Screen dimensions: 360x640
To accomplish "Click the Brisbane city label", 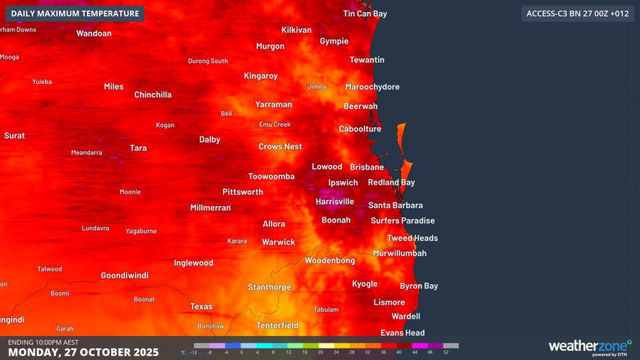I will [x=366, y=167].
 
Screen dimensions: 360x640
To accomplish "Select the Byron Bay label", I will [x=419, y=286].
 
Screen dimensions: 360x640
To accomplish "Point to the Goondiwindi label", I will [x=125, y=275].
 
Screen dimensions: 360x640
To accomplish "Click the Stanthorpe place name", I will [x=269, y=287].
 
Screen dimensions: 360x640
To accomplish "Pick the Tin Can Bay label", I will [x=365, y=14].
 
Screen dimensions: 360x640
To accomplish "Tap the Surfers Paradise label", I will [x=402, y=220].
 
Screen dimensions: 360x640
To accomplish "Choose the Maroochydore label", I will [x=372, y=87].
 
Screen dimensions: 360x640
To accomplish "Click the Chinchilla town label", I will [x=152, y=94].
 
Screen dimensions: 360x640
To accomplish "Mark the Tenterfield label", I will [x=277, y=325].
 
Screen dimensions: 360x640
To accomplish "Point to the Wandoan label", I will [x=94, y=34].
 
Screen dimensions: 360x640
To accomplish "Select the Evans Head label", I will [x=402, y=333].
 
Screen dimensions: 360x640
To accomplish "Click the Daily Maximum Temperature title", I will [x=75, y=13].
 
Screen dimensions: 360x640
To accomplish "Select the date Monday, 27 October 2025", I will [x=83, y=352].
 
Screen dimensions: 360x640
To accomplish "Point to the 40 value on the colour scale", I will [x=398, y=351].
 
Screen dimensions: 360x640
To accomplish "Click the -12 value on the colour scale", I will [x=194, y=351].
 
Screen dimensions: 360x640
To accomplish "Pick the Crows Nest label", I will [x=280, y=147].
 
